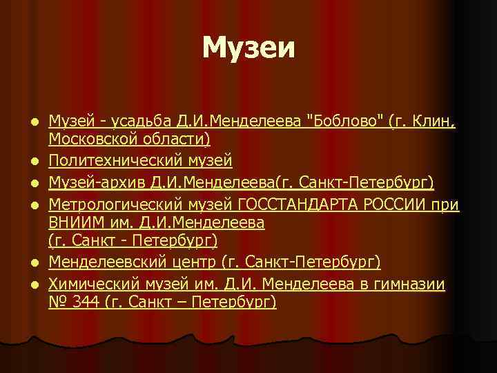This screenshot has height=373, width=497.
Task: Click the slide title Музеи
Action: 248,48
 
